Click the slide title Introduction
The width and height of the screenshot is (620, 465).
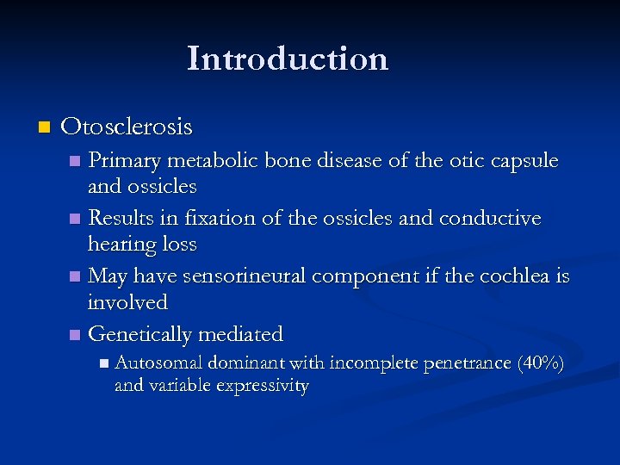click(288, 59)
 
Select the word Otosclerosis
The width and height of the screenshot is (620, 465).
click(127, 127)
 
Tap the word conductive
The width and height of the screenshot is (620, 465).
click(489, 219)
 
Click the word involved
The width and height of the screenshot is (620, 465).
click(127, 303)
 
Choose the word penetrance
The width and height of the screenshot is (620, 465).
click(466, 364)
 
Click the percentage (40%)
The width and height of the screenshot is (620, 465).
click(540, 364)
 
